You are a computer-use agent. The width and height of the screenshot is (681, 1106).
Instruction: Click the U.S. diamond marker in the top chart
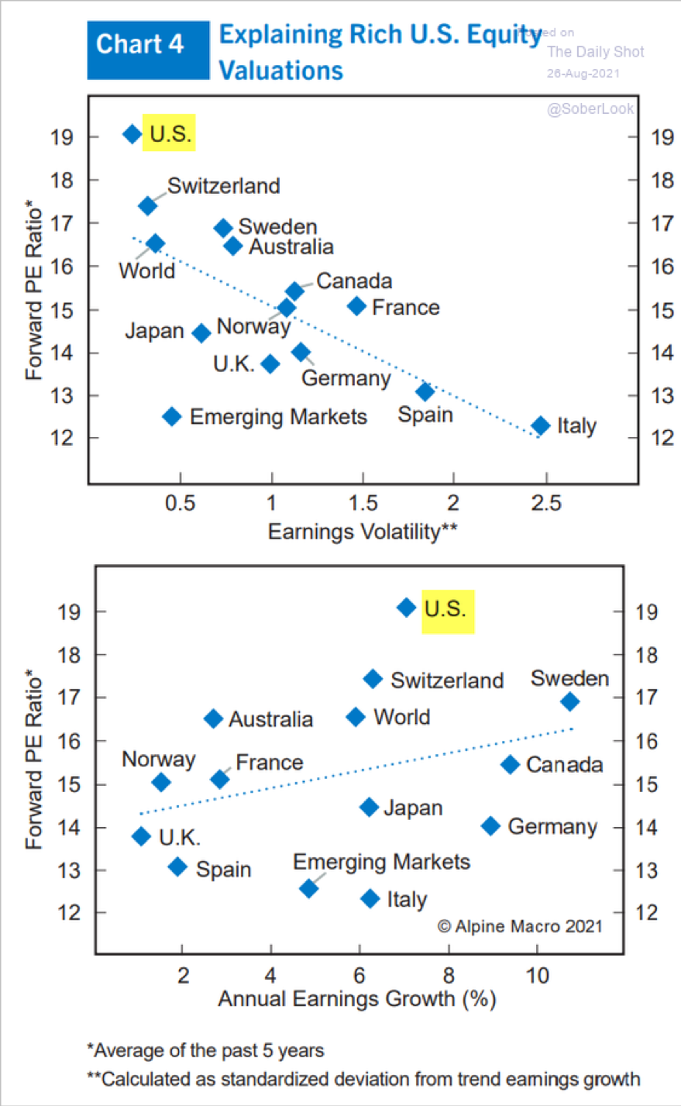pos(132,134)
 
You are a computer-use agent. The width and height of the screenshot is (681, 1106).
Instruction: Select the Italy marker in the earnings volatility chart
pos(541,426)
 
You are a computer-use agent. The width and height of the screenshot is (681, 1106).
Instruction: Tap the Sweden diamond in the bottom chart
pos(570,701)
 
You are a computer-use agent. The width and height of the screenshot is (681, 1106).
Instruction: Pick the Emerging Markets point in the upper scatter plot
pos(172,417)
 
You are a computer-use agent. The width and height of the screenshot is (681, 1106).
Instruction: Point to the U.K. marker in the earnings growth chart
pos(141,836)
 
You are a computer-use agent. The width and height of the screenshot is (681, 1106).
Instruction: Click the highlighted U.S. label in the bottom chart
pos(446,610)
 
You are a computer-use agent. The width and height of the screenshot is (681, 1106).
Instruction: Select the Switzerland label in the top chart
pos(223,186)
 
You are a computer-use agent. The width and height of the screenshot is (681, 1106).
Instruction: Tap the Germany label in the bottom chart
pos(552,827)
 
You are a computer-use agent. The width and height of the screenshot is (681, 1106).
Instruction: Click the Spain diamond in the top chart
pos(425,392)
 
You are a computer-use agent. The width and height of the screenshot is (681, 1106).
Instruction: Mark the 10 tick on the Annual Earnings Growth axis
pos(537,975)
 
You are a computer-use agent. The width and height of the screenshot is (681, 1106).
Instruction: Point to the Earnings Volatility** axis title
pos(362,532)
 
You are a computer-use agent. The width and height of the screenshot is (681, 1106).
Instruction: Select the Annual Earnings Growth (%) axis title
pos(356,999)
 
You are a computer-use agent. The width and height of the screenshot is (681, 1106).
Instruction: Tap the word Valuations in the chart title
pos(280,71)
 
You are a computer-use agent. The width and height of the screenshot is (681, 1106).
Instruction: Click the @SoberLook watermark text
pos(590,109)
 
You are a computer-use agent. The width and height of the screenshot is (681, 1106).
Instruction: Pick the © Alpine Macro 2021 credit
pos(519,926)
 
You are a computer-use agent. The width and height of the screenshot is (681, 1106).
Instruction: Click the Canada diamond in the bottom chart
pos(510,765)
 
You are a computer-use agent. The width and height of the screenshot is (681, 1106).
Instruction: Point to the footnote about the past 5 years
pos(205,1051)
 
